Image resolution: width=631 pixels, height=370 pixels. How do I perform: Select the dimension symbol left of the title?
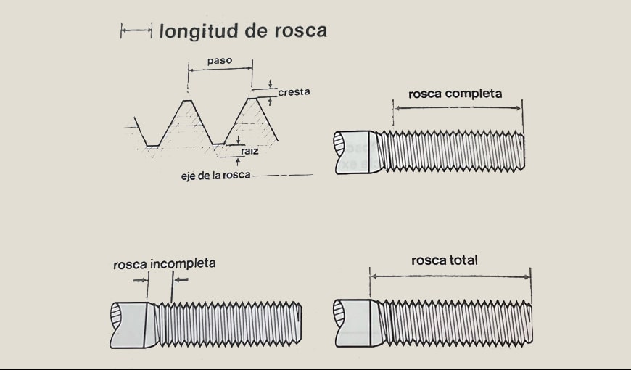click(136, 30)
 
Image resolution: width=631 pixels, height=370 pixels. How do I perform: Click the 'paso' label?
click(219, 61)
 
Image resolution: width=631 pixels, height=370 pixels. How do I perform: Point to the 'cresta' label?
click(294, 92)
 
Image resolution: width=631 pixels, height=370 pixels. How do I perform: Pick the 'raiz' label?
click(249, 151)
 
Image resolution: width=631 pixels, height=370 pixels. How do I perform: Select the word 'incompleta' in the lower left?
click(183, 263)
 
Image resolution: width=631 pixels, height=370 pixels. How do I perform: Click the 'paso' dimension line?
click(220, 69)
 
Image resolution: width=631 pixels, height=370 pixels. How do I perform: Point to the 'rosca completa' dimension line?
click(458, 107)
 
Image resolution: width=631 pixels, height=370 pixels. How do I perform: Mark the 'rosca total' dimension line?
click(450, 276)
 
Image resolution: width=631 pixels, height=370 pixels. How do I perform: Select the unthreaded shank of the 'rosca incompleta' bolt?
click(131, 324)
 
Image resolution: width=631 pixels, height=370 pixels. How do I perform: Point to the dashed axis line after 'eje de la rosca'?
click(283, 176)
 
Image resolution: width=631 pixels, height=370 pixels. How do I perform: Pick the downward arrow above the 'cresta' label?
click(270, 83)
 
